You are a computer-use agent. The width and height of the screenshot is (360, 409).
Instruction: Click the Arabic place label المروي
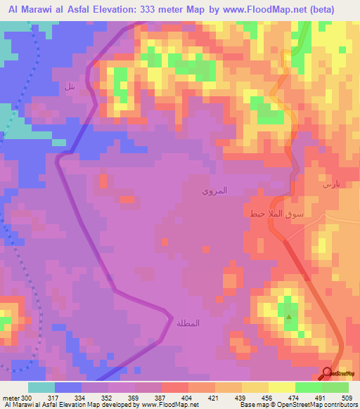point(214,190)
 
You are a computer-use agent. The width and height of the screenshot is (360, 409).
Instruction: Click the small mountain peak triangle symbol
point(289,317)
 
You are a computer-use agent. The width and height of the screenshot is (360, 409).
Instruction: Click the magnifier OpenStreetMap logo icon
point(328,375)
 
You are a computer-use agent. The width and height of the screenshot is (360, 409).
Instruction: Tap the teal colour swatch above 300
point(41,387)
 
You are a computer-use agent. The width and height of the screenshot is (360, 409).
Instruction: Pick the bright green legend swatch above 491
point(309,387)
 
